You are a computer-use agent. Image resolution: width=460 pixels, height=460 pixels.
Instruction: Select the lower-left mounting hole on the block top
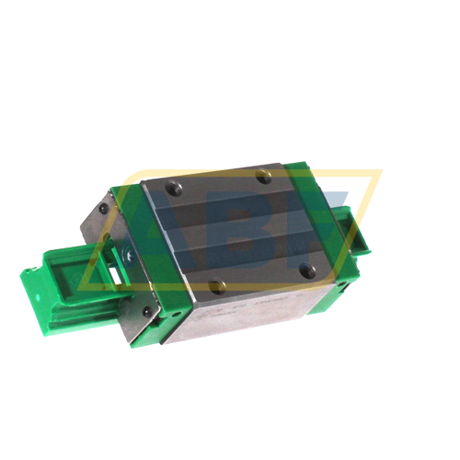[x=217, y=286]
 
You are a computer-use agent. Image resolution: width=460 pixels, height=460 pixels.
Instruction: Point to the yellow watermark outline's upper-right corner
[x=380, y=171]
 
